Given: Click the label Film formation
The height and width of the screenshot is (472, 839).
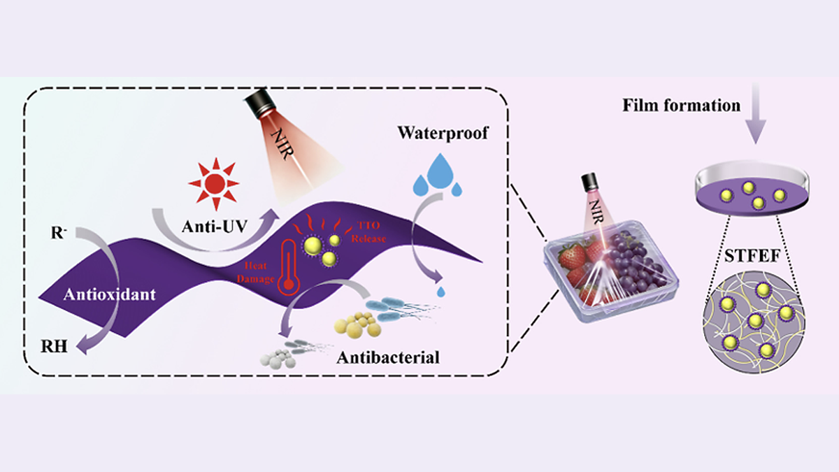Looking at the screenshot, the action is click(681, 106).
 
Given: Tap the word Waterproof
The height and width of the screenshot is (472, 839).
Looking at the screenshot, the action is click(443, 134).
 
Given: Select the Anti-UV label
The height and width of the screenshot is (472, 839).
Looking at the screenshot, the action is click(215, 227).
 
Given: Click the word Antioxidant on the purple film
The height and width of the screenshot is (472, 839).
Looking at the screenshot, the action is click(109, 294).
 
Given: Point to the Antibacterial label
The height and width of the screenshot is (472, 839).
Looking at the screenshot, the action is click(388, 357).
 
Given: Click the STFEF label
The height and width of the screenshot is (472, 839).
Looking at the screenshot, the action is click(752, 256).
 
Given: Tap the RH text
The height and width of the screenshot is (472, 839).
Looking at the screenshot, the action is click(54, 347).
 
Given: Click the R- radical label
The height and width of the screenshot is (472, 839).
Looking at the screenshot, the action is click(59, 233).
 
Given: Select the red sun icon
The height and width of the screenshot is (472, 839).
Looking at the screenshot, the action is click(214, 183).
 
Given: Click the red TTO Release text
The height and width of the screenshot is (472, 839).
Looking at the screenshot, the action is click(368, 232).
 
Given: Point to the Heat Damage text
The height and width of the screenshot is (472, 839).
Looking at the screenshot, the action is click(256, 272).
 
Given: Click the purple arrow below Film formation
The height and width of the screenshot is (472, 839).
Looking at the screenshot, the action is click(755, 113).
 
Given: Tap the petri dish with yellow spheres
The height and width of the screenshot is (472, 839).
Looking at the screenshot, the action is click(752, 188).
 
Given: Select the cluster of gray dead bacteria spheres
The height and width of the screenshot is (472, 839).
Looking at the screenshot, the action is click(278, 359).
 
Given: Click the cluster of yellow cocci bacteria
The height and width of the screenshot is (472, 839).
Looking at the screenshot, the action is click(358, 324).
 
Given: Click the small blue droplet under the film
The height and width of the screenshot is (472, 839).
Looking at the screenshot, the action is click(441, 292).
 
